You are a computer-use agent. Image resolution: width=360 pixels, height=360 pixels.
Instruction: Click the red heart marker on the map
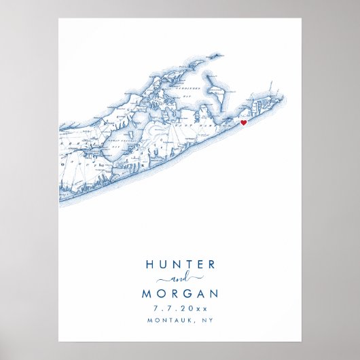[243, 124]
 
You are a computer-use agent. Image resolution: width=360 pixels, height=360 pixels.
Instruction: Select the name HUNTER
[180, 265]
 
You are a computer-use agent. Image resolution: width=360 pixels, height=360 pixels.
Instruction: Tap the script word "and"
[180, 280]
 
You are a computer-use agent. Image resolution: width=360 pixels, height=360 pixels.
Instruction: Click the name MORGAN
[180, 294]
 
